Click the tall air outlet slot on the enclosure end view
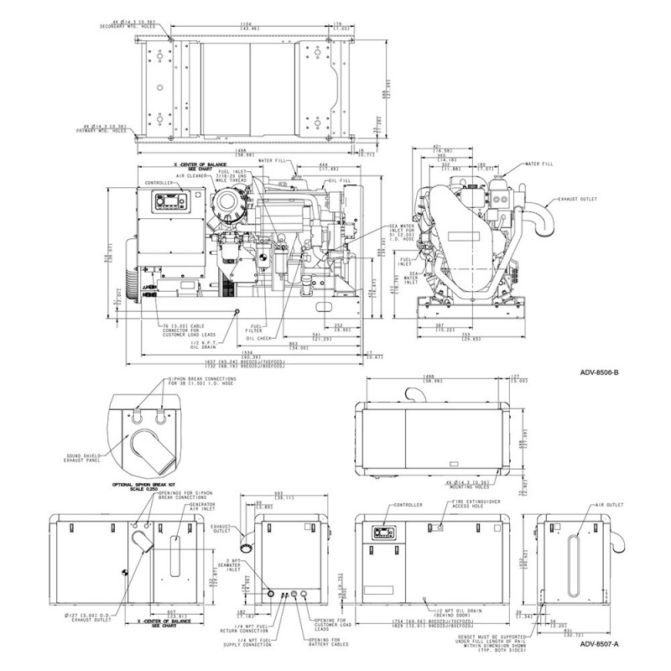tap(575, 571)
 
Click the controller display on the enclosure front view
tap(381, 532)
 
